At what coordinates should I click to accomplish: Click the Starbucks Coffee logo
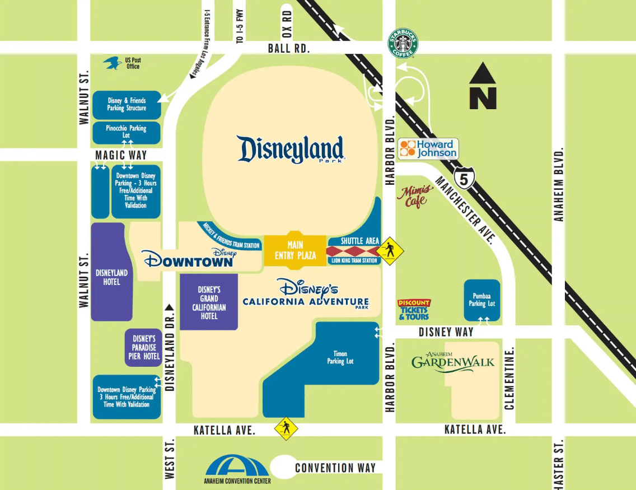(403, 43)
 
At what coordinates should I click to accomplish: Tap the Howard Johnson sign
(428, 149)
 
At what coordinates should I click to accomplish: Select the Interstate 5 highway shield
(465, 176)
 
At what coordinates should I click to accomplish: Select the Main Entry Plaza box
(294, 250)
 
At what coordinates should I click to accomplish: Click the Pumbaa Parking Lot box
(481, 300)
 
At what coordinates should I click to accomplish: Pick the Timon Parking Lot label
(340, 358)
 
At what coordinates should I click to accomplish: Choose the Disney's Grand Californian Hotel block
(209, 302)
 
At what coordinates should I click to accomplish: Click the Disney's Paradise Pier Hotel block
(144, 347)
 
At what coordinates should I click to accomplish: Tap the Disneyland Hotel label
(111, 277)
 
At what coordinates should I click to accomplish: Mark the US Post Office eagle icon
(113, 63)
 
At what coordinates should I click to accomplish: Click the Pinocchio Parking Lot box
(126, 132)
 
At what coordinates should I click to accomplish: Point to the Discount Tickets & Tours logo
(414, 310)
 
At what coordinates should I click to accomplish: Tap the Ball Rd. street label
(288, 48)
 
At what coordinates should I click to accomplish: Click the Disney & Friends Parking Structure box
(127, 105)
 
